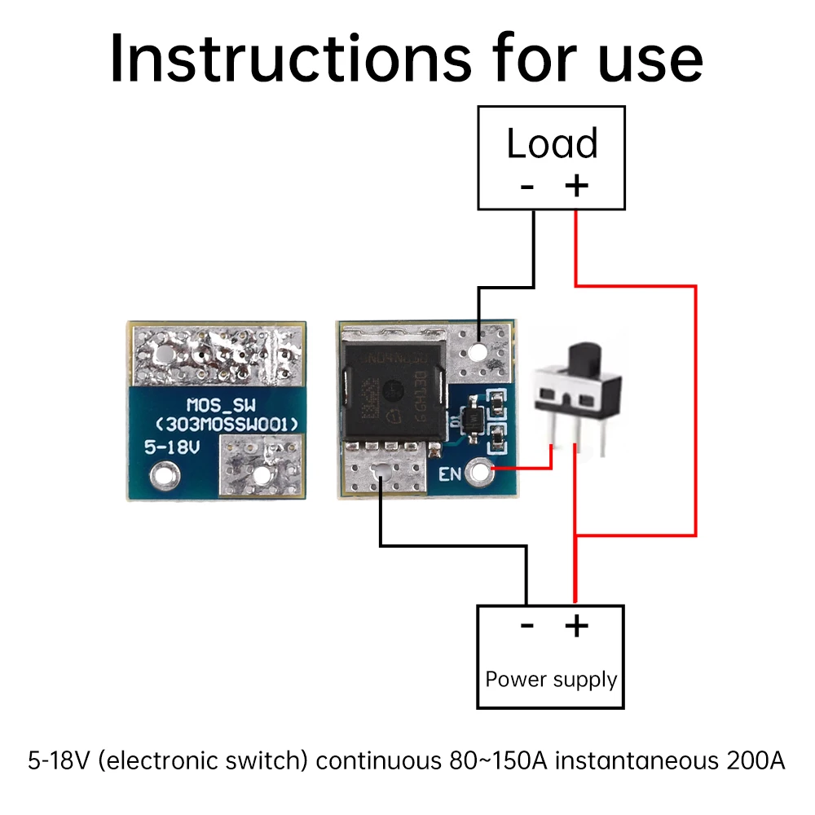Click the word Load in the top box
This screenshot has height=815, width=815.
tap(552, 143)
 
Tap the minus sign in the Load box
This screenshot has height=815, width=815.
tap(527, 186)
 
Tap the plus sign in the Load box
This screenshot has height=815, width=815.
tap(576, 186)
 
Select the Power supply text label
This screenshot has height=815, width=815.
tap(551, 679)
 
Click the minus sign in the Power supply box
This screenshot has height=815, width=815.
tap(527, 625)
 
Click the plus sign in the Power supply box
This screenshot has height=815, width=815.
tap(576, 625)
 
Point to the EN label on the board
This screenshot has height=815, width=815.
tap(450, 474)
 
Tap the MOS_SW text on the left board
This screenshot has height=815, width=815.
tap(216, 404)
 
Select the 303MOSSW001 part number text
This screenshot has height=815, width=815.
tap(219, 424)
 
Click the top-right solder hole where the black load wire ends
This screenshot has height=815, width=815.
tap(478, 351)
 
